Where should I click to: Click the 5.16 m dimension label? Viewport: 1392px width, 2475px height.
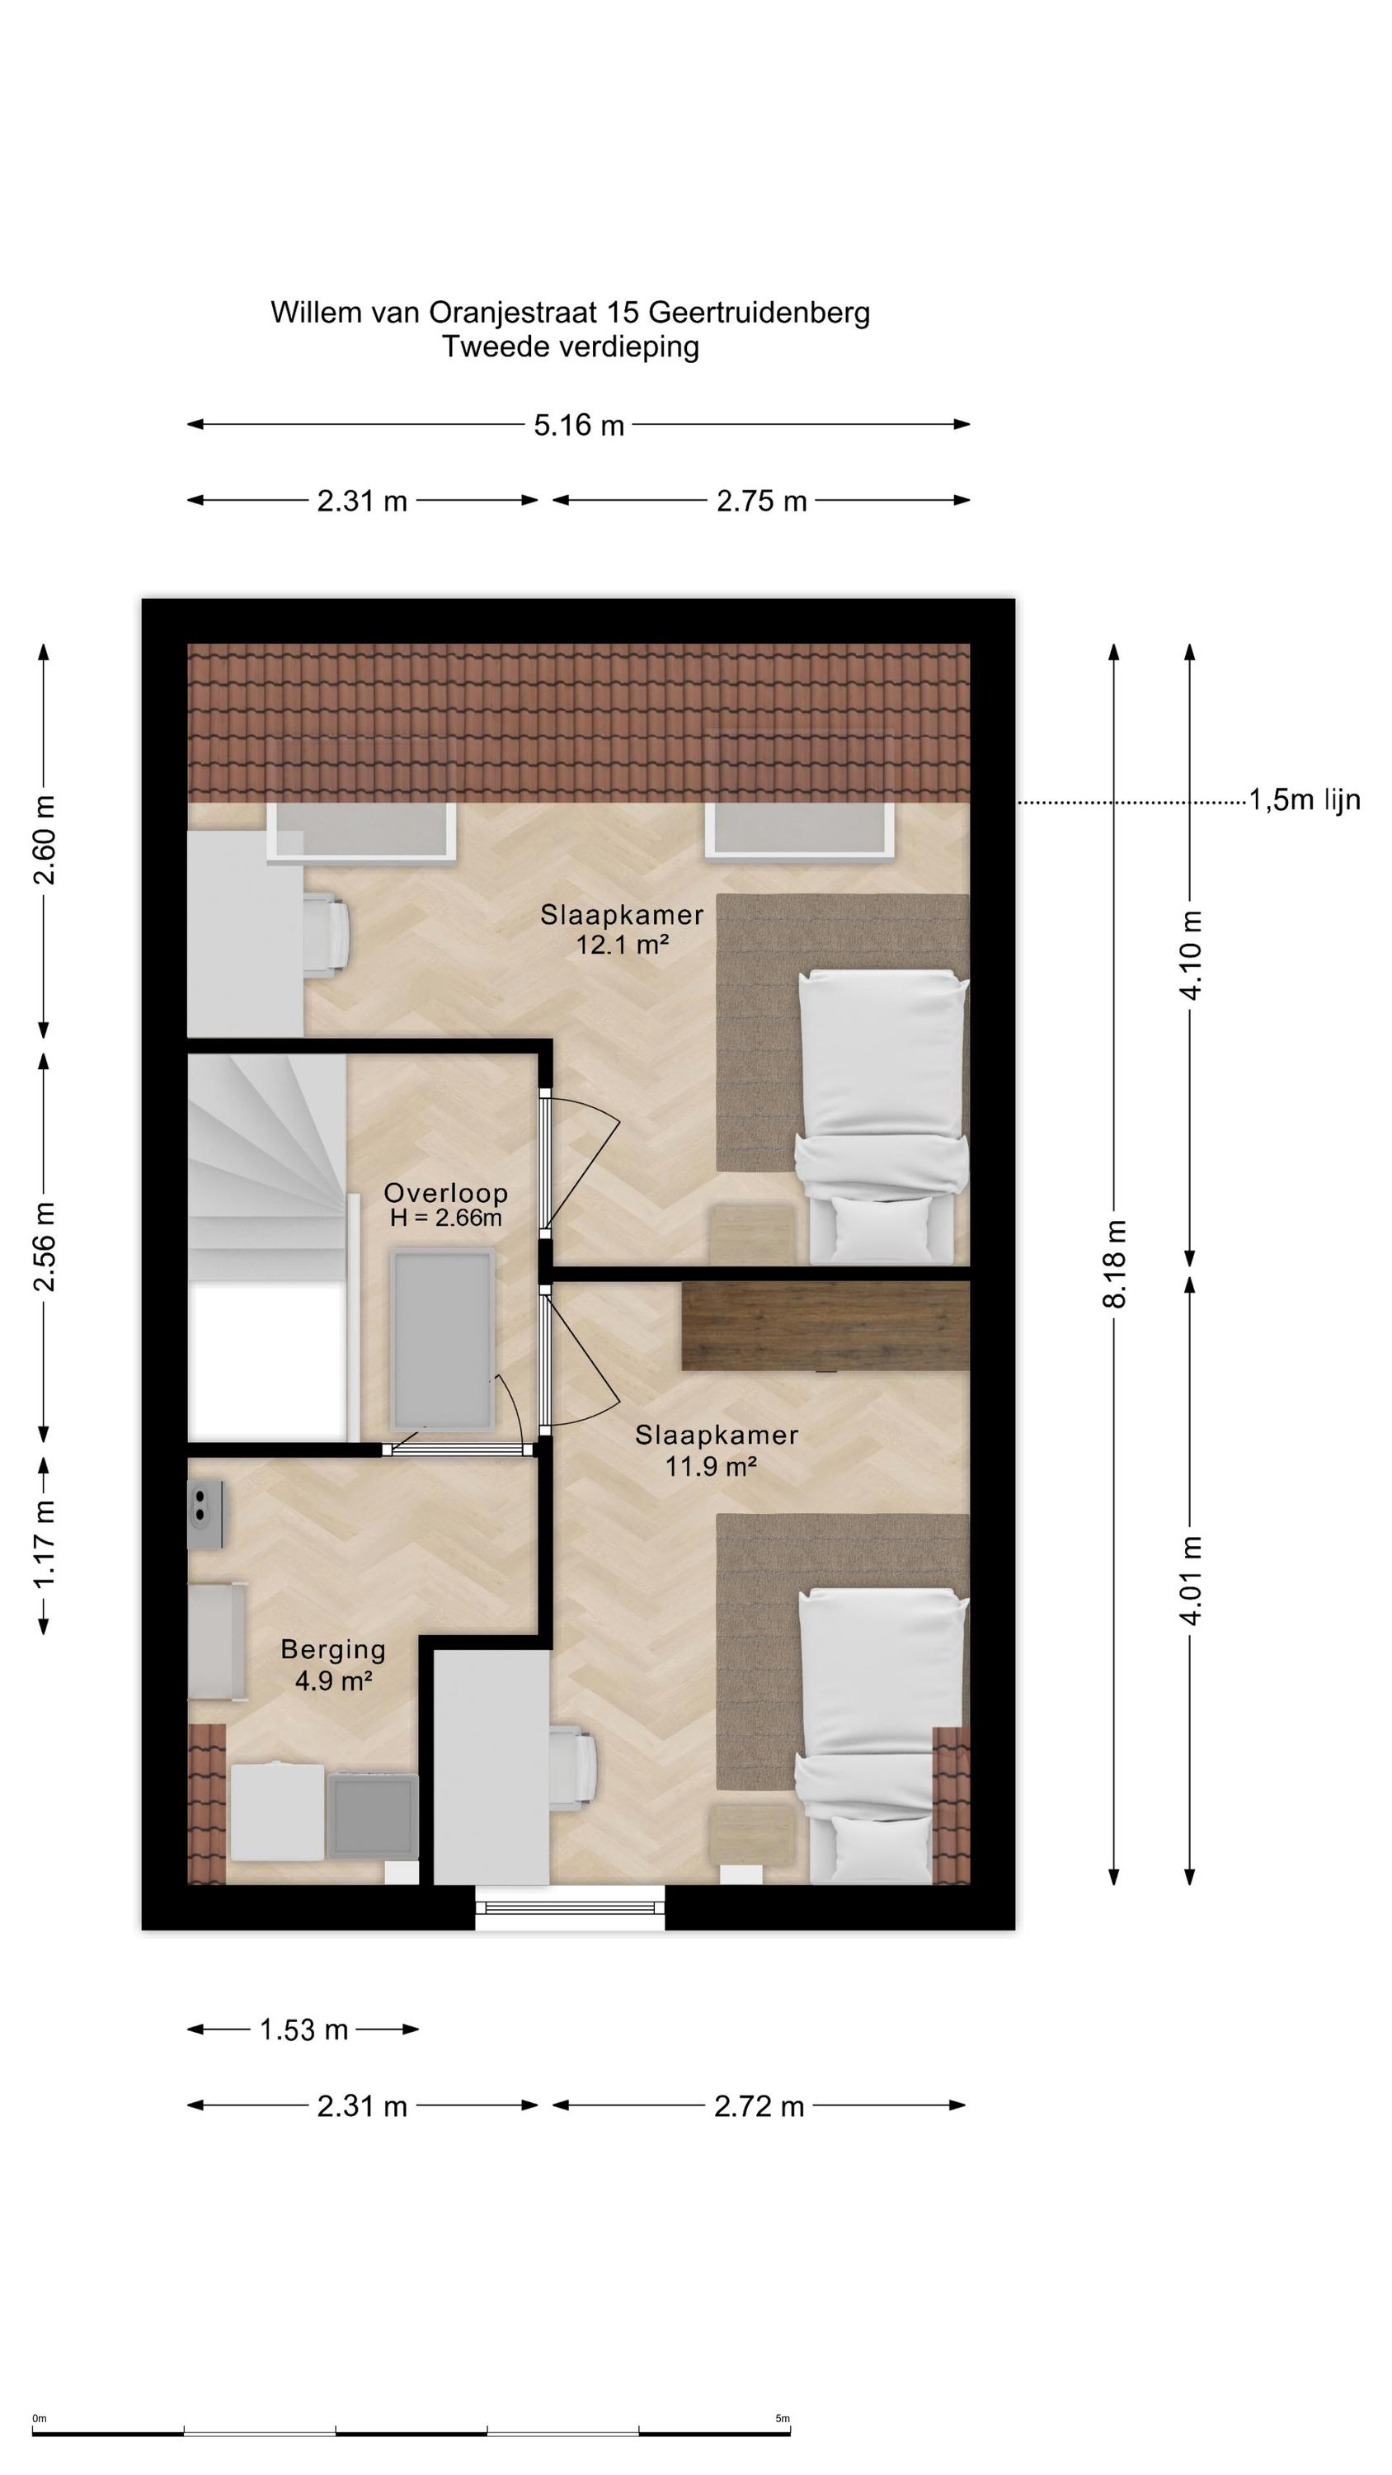point(578,425)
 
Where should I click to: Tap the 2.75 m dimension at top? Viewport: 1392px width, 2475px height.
point(761,501)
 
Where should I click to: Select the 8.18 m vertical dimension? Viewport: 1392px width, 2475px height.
point(1114,1262)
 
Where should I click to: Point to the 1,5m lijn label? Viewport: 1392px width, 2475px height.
point(1304,799)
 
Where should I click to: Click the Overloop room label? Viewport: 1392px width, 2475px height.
point(446,1192)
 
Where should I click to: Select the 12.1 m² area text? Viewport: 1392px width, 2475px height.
point(622,945)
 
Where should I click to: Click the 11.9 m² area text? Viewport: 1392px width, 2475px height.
point(712,1466)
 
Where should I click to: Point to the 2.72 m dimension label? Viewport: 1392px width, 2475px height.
point(758,2106)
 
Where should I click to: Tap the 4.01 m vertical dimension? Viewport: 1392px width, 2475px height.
point(1190,1580)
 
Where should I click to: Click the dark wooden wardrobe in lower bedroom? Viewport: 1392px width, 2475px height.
point(825,1325)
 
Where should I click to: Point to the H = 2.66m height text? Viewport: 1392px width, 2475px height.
point(446,1219)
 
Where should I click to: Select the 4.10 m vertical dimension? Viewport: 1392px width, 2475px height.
point(1190,954)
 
